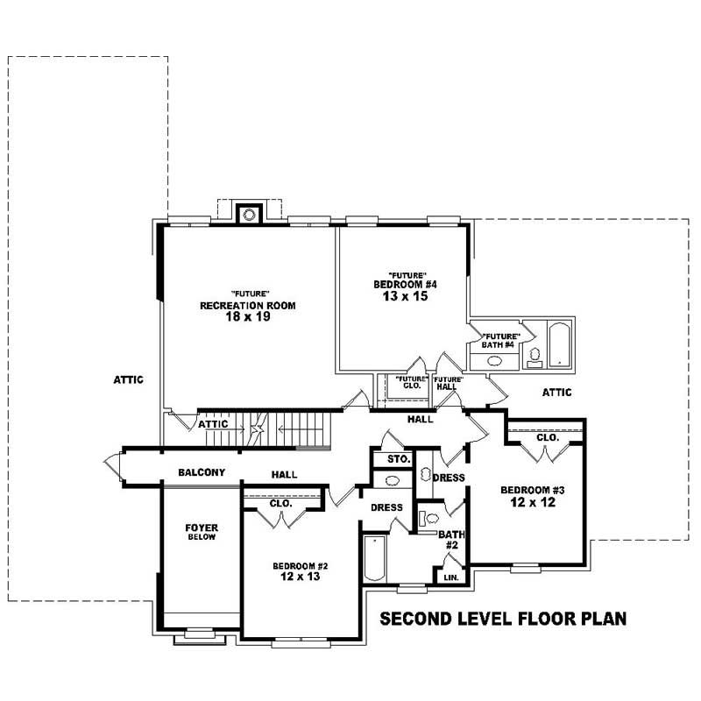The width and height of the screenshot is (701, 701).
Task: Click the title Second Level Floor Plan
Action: pos(503,619)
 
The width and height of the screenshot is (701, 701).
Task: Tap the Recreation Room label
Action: pos(247,305)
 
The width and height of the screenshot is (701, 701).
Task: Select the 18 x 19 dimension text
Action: pos(247,317)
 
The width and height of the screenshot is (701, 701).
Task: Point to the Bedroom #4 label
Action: pos(405,285)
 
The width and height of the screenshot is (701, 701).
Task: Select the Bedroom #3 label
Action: pos(532,490)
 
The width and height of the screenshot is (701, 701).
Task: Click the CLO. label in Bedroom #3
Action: pos(548,436)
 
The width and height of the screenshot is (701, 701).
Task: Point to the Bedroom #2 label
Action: pos(300,565)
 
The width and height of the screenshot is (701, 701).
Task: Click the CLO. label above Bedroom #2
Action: pos(280,504)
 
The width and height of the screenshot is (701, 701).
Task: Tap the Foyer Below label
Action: pos(202,532)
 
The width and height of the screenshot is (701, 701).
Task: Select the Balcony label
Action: pos(202,473)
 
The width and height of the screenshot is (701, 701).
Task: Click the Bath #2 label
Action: pos(450,539)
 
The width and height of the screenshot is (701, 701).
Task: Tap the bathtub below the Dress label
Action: pos(372,559)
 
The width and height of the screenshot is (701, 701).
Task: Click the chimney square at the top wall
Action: pos(250,214)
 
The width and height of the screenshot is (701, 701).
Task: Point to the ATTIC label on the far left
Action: pos(128,380)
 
